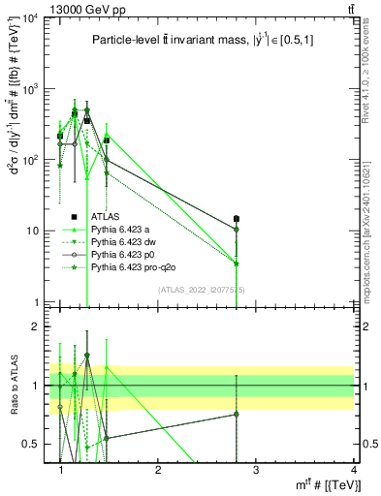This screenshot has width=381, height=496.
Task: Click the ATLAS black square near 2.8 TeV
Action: click(236, 219)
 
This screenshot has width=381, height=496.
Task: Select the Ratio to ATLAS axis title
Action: click(12, 387)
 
